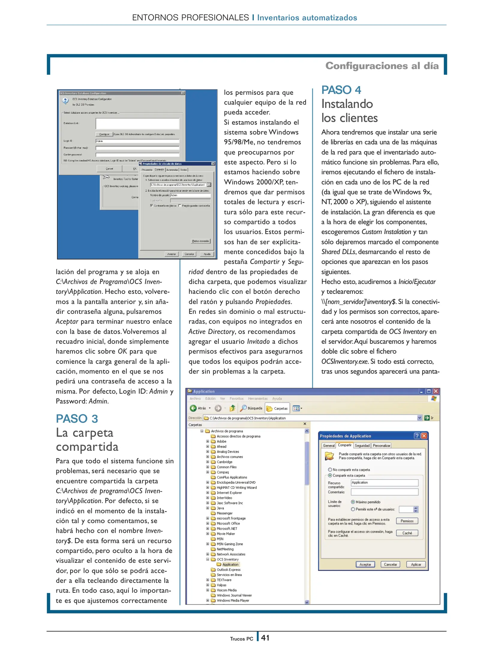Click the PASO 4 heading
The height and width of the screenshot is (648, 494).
[341, 90]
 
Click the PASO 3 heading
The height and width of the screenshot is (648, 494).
[77, 419]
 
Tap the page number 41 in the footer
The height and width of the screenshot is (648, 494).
[265, 638]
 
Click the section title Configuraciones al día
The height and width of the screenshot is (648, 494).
[382, 66]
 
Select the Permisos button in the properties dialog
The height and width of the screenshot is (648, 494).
[407, 521]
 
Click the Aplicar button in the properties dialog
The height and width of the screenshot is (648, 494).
[416, 565]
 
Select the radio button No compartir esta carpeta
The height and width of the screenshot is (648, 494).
[330, 470]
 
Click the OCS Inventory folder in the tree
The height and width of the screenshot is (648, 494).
[227, 559]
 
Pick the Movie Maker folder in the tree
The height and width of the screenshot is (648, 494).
[226, 534]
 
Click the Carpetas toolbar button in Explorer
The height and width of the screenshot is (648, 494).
[277, 408]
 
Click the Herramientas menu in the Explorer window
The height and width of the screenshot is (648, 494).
[258, 399]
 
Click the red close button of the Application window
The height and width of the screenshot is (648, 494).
[436, 391]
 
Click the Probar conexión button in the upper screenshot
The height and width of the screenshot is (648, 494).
[201, 241]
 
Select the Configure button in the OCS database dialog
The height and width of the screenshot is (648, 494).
[104, 134]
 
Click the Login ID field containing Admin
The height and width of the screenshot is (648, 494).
[137, 141]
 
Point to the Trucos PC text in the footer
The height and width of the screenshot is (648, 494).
[241, 639]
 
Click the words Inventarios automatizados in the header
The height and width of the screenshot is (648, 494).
[307, 18]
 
